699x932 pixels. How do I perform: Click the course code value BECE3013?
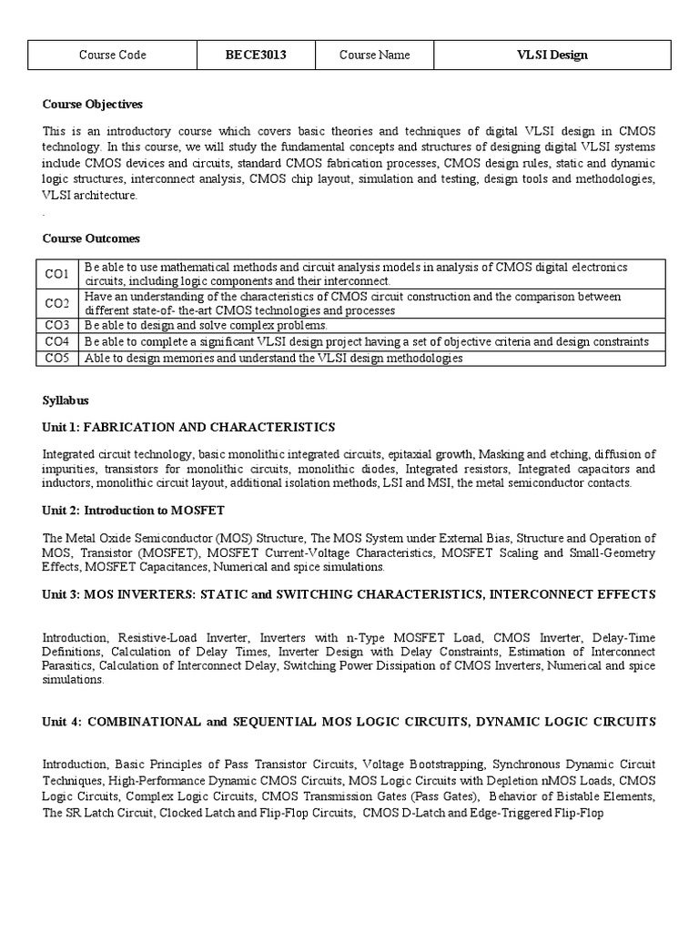tap(256, 55)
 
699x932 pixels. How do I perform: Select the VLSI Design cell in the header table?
tap(552, 55)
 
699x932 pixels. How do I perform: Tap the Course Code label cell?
tap(113, 55)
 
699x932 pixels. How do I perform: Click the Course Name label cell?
tap(374, 55)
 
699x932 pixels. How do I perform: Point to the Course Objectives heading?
tap(92, 105)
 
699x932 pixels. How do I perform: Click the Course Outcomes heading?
tap(91, 238)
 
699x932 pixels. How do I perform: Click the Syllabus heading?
tap(66, 400)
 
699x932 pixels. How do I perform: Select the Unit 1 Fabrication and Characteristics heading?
tap(188, 427)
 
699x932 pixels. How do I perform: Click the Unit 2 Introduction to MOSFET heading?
tap(133, 511)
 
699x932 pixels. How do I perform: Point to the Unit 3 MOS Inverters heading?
tap(349, 594)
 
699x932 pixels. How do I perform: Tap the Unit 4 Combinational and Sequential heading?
tap(349, 722)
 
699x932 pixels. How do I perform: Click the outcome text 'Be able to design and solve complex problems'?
tap(206, 325)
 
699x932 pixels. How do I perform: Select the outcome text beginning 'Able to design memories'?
tap(273, 359)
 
